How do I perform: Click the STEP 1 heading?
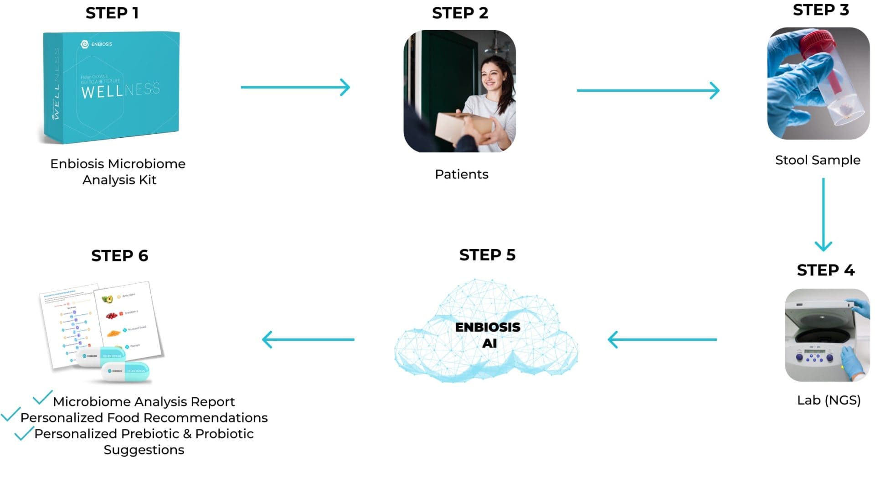(112, 13)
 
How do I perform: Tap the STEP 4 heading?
(825, 270)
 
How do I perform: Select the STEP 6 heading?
(119, 255)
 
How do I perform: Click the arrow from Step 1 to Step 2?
(295, 87)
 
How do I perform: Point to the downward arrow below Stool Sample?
(823, 214)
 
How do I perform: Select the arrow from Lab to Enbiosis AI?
(662, 339)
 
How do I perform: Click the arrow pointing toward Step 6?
(309, 339)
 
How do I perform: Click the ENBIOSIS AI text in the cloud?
(488, 335)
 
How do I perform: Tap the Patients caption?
(461, 174)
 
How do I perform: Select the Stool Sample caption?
(818, 160)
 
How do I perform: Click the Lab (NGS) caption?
(829, 400)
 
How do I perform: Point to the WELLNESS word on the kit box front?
(120, 90)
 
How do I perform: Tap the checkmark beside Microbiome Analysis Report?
(42, 398)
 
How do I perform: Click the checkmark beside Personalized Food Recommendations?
(10, 414)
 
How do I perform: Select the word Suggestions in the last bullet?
(144, 450)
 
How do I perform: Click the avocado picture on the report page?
(108, 299)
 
